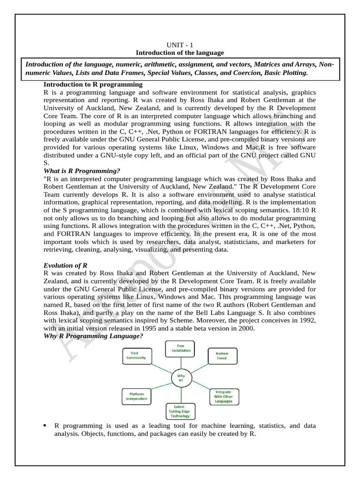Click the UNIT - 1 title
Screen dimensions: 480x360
pyautogui.click(x=180, y=45)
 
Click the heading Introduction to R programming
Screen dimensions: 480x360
pyautogui.click(x=93, y=84)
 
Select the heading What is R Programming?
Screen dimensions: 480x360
pyautogui.click(x=82, y=171)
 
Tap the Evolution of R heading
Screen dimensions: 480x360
pyautogui.click(x=65, y=265)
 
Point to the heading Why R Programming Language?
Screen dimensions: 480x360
pyautogui.click(x=93, y=336)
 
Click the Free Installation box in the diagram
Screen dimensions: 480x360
pyautogui.click(x=180, y=348)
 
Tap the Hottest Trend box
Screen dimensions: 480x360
pyautogui.click(x=222, y=356)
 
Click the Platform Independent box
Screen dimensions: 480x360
pyautogui.click(x=135, y=397)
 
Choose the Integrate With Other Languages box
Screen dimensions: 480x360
pyautogui.click(x=223, y=397)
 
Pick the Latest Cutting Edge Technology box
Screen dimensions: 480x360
pyautogui.click(x=180, y=411)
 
